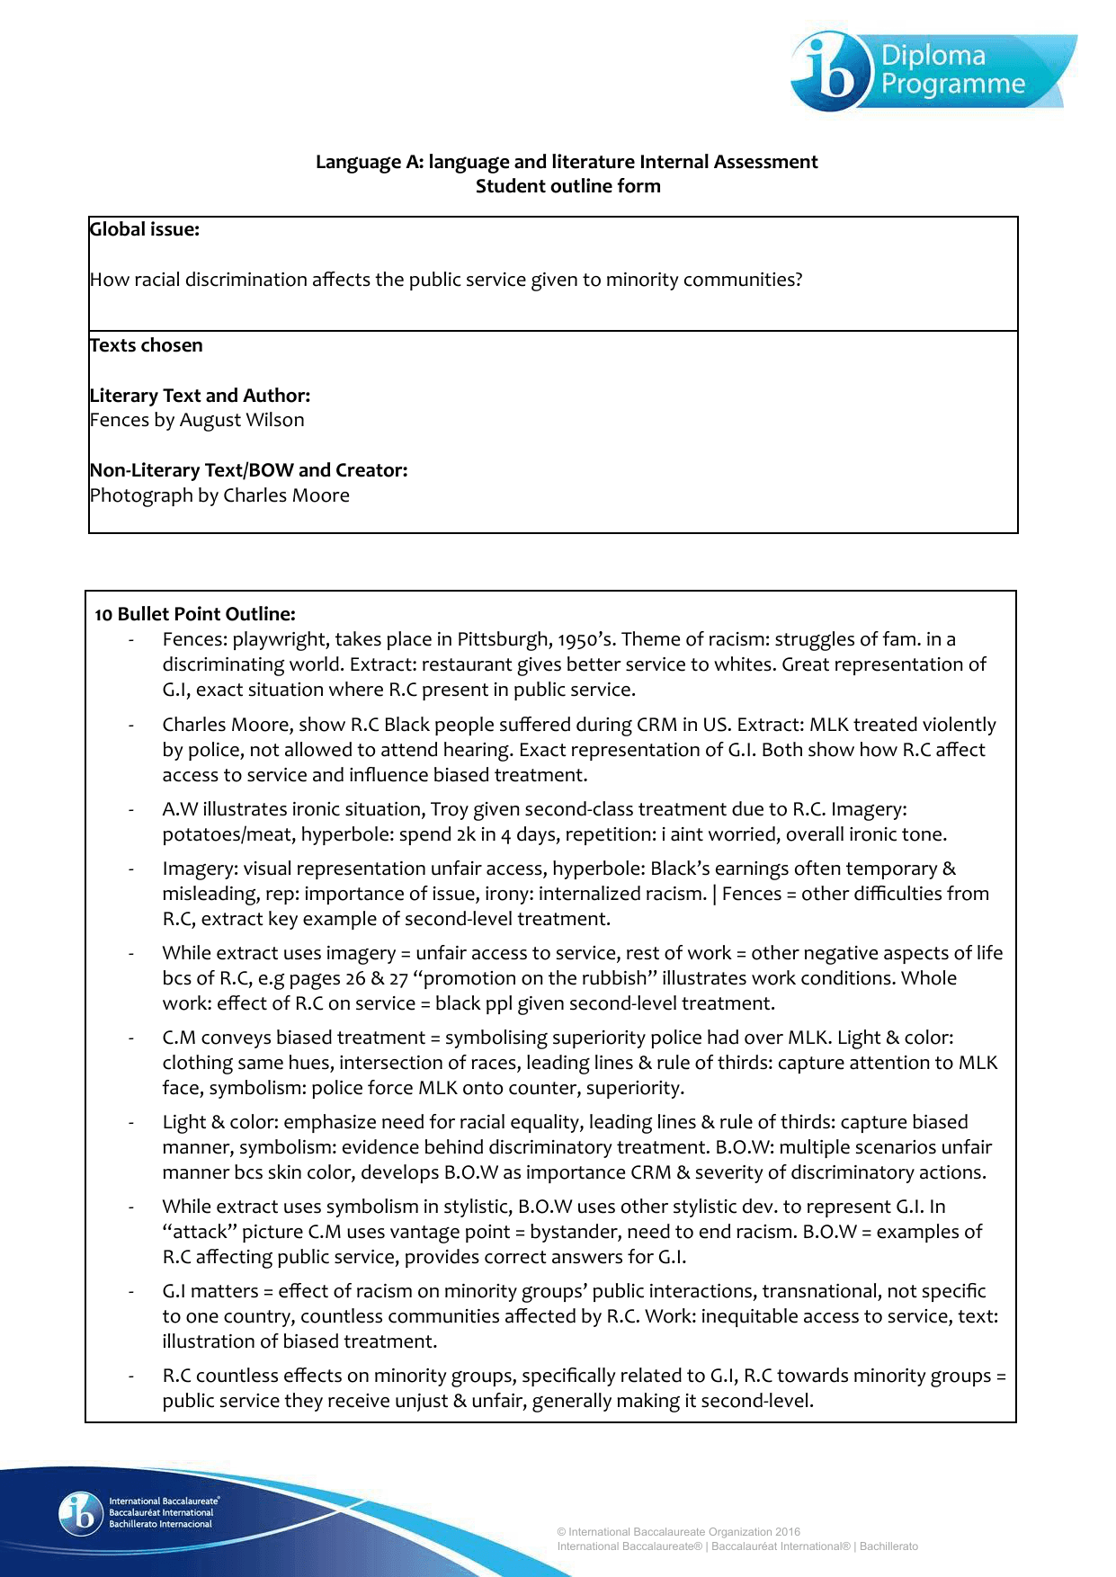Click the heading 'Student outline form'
tap(567, 186)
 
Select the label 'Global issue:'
tap(145, 229)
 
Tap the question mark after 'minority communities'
tap(797, 280)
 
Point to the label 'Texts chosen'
tap(147, 345)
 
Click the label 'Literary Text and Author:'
tap(200, 396)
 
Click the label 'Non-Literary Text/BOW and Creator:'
tap(248, 470)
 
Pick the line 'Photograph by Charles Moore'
tap(219, 495)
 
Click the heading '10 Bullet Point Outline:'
tap(195, 614)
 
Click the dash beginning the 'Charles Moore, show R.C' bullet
tap(132, 726)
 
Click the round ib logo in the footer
tap(81, 1513)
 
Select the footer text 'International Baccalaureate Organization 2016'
tap(684, 1532)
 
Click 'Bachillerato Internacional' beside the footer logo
tap(161, 1524)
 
